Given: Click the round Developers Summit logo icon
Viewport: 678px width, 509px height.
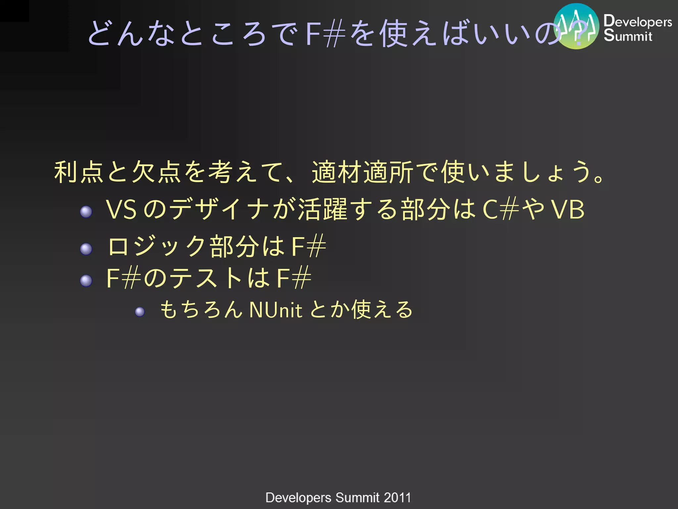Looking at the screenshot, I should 576,26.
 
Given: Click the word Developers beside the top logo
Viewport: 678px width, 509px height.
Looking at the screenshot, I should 638,22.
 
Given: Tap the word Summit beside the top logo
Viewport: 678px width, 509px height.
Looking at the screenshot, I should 628,36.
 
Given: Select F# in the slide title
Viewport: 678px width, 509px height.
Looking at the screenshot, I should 325,34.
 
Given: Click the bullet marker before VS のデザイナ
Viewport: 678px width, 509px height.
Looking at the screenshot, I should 86,212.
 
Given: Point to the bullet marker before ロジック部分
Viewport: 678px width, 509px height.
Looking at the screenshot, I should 86,249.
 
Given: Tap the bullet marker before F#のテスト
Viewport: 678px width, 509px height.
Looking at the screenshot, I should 86,281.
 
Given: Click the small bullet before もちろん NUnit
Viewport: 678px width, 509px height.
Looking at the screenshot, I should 140,311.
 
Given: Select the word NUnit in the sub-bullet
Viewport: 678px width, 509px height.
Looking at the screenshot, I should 275,310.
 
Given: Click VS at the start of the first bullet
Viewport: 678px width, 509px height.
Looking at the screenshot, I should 121,210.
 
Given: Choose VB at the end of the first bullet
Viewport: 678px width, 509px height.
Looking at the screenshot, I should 568,210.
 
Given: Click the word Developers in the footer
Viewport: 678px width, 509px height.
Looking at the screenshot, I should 298,498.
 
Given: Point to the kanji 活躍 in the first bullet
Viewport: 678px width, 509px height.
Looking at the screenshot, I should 323,210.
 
